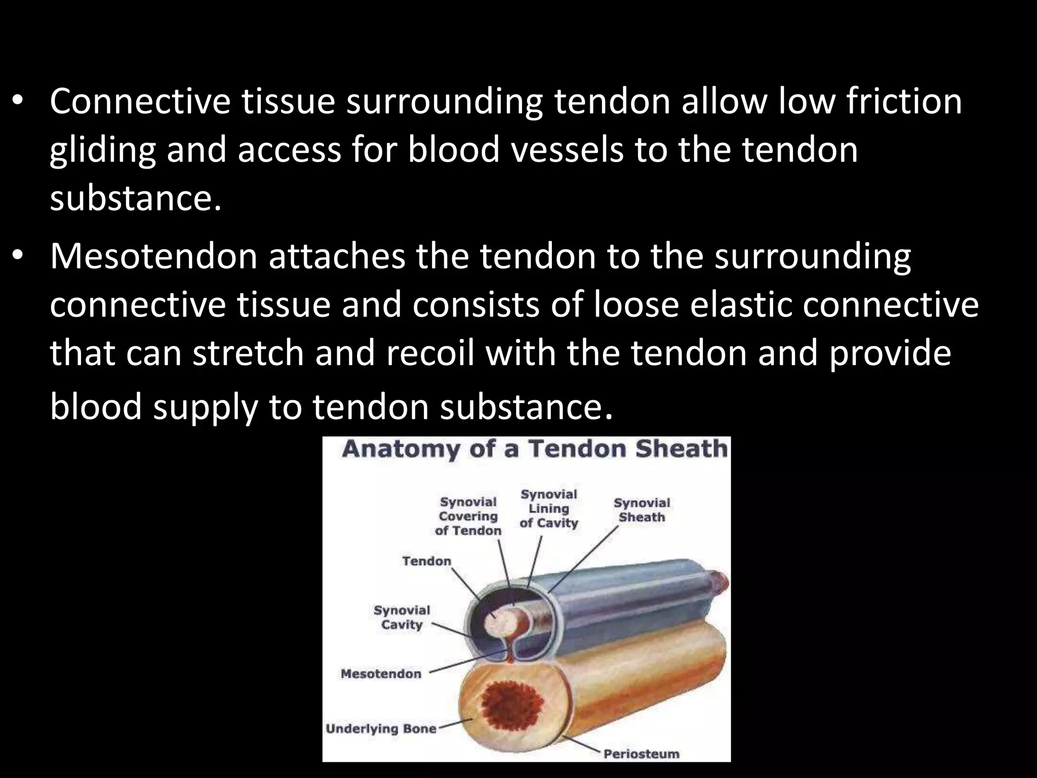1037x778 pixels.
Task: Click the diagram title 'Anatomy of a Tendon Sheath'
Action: click(x=534, y=449)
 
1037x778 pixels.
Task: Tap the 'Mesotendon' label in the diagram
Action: click(x=381, y=674)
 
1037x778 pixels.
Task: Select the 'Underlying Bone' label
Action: click(x=381, y=729)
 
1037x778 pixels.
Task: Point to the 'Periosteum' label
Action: click(x=641, y=754)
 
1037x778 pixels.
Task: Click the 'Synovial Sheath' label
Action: click(x=642, y=510)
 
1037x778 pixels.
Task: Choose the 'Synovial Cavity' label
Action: click(x=402, y=617)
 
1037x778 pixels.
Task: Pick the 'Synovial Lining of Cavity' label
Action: click(x=549, y=509)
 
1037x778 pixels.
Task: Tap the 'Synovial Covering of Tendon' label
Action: click(x=468, y=516)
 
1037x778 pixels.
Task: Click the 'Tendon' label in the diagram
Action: click(x=426, y=561)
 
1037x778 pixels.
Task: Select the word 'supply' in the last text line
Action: click(x=205, y=408)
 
